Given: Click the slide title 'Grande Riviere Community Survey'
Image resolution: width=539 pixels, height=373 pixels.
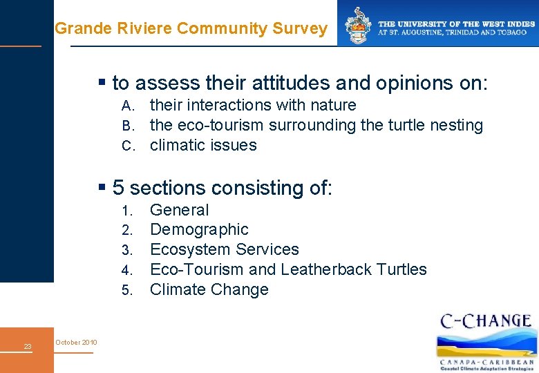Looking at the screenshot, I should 191,28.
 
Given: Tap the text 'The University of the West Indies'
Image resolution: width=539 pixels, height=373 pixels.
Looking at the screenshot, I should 457,24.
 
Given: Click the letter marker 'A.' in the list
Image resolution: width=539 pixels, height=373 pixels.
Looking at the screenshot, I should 128,106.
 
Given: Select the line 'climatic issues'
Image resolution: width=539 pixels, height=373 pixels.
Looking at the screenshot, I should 203,145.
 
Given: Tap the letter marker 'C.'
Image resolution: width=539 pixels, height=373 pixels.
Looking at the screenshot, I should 128,146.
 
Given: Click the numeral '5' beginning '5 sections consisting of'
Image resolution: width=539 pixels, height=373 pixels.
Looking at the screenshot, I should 118,188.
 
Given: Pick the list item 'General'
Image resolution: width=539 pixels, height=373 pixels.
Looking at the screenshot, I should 179,210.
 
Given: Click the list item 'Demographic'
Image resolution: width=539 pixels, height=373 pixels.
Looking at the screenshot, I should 199,229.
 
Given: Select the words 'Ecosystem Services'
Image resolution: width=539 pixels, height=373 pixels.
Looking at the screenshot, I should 224,249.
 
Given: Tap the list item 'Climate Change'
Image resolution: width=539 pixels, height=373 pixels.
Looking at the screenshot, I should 209,289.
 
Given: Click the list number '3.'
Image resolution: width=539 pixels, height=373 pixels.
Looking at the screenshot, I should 126,250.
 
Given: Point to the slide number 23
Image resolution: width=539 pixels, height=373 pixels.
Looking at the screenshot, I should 27,346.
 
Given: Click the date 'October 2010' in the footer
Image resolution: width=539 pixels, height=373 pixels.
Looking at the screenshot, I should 77,343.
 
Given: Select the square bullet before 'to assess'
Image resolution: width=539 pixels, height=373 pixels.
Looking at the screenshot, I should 102,83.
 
